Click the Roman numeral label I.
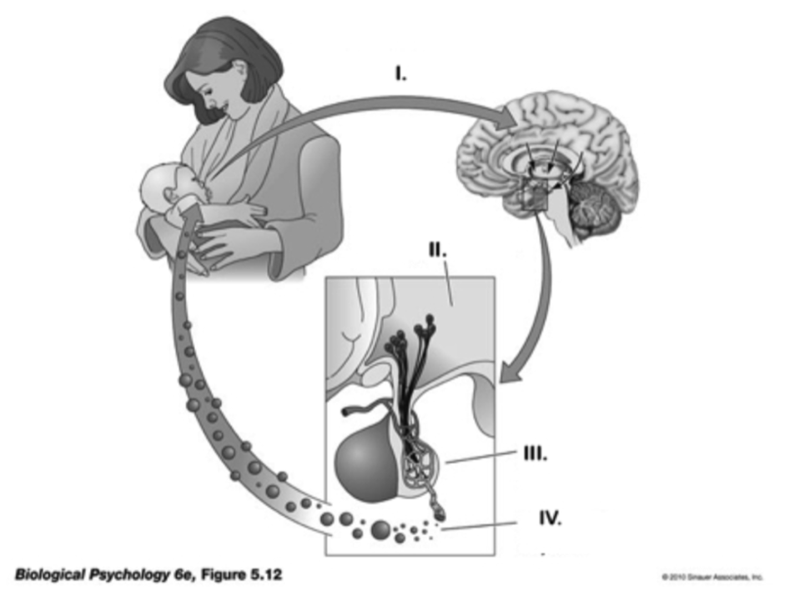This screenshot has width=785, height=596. (x=401, y=74)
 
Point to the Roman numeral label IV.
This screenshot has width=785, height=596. (x=549, y=519)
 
